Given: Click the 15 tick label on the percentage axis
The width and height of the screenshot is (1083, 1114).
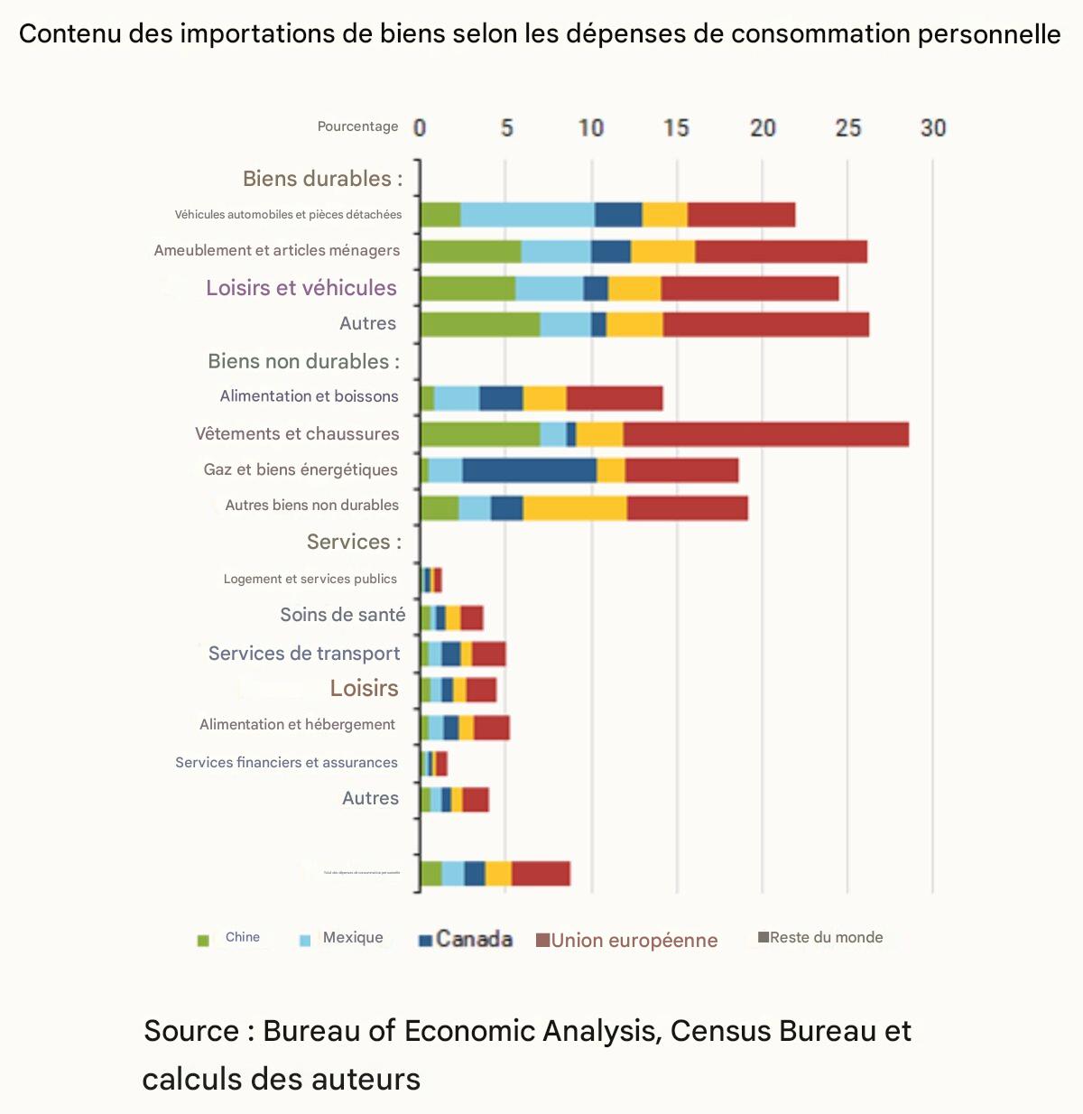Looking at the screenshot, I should [x=676, y=128].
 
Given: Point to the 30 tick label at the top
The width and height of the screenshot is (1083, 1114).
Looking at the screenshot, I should [x=933, y=128].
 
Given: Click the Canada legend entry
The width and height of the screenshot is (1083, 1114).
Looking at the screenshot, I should [x=466, y=940].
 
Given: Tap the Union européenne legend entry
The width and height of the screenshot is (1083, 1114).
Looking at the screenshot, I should [x=627, y=941].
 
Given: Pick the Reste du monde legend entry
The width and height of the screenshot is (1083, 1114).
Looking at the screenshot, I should [x=820, y=938].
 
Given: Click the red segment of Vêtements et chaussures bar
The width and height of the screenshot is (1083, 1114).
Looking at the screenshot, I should [x=765, y=434].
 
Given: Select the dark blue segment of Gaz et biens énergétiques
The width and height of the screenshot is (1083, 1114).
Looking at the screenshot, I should [x=530, y=470].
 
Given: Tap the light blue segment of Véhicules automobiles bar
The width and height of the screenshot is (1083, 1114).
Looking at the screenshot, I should [x=527, y=215].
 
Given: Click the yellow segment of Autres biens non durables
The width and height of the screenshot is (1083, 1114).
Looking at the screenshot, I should [x=575, y=508].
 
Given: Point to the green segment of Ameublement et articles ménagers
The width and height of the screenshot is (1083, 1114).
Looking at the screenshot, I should [x=471, y=252].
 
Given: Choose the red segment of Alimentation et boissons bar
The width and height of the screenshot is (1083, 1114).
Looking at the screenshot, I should [x=615, y=398].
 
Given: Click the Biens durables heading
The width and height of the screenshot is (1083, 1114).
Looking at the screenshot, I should [x=322, y=179].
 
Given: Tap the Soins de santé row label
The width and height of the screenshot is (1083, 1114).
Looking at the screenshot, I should [x=343, y=615].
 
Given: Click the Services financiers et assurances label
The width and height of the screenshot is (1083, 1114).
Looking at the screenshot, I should [x=286, y=763].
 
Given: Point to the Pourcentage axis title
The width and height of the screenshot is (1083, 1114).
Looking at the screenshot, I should [x=357, y=126].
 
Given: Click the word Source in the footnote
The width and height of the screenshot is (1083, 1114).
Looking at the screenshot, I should [x=191, y=1031].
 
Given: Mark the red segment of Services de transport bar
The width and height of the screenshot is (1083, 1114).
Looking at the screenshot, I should [x=488, y=654].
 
